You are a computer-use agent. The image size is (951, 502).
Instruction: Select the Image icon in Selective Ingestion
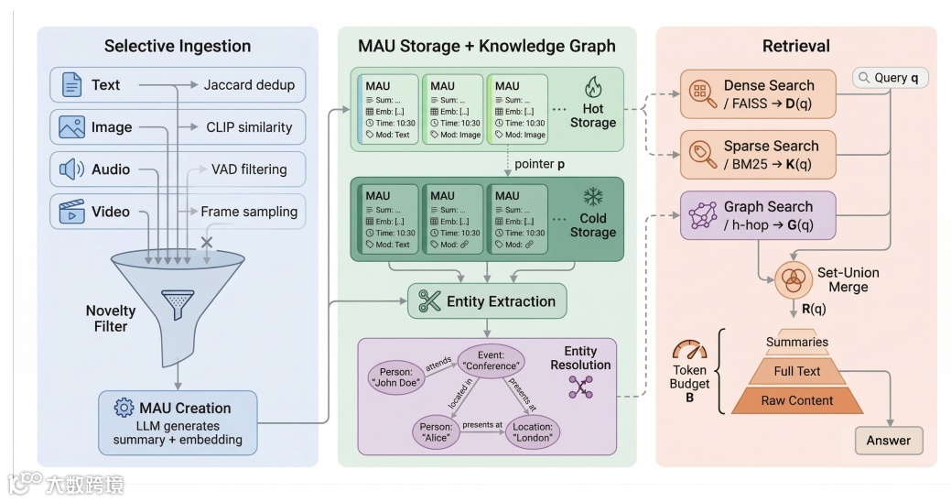tap(71, 127)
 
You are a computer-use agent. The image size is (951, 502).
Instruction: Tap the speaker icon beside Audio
tap(71, 169)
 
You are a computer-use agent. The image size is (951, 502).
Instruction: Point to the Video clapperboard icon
tap(71, 213)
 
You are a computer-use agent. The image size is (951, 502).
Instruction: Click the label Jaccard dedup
tap(248, 85)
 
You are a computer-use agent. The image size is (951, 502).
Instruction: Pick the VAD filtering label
tap(248, 169)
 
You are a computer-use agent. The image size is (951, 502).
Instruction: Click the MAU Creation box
tap(178, 422)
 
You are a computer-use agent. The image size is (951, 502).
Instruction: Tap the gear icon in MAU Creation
tap(124, 408)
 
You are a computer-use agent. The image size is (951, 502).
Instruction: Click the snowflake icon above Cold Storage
tap(593, 198)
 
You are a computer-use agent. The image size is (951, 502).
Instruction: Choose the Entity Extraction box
tap(487, 301)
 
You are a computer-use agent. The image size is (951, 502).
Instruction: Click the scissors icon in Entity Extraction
tap(429, 300)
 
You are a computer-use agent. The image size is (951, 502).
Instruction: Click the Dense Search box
tap(759, 93)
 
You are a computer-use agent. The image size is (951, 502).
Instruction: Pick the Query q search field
tap(890, 78)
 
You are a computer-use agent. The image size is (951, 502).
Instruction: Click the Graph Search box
tap(759, 215)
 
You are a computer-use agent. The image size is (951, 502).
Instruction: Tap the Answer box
tap(888, 440)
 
